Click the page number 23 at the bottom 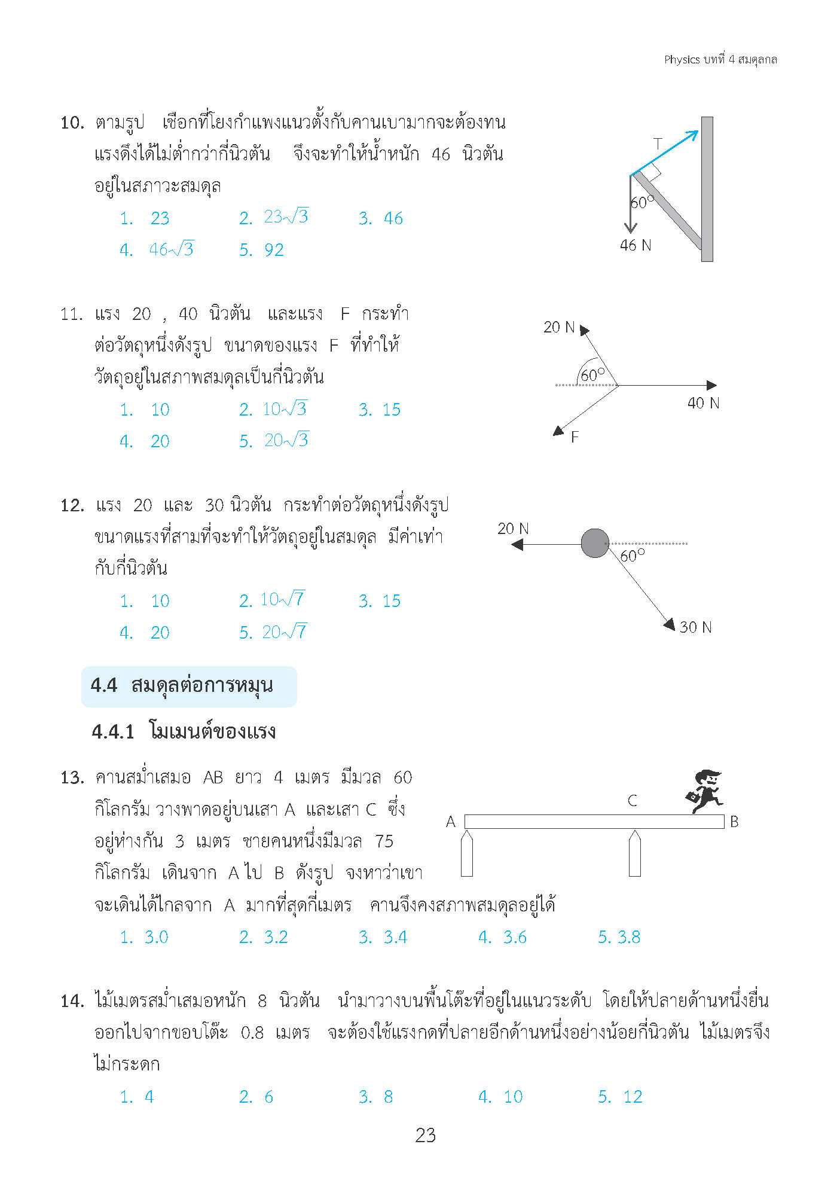pyautogui.click(x=425, y=1135)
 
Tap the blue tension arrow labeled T pyautogui.click(x=664, y=154)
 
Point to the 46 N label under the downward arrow pyautogui.click(x=635, y=245)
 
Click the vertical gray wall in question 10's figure pyautogui.click(x=707, y=189)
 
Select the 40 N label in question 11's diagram pyautogui.click(x=703, y=403)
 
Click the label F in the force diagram pyautogui.click(x=575, y=437)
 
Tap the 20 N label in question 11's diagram pyautogui.click(x=558, y=327)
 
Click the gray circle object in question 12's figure pyautogui.click(x=595, y=543)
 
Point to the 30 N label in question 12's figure pyautogui.click(x=695, y=627)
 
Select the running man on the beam pyautogui.click(x=704, y=791)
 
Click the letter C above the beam pyautogui.click(x=633, y=801)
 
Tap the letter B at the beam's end pyautogui.click(x=734, y=822)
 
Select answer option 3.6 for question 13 pyautogui.click(x=503, y=937)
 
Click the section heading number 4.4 pyautogui.click(x=104, y=685)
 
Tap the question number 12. pyautogui.click(x=72, y=506)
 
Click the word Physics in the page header pyautogui.click(x=682, y=59)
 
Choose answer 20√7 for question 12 pyautogui.click(x=273, y=632)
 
